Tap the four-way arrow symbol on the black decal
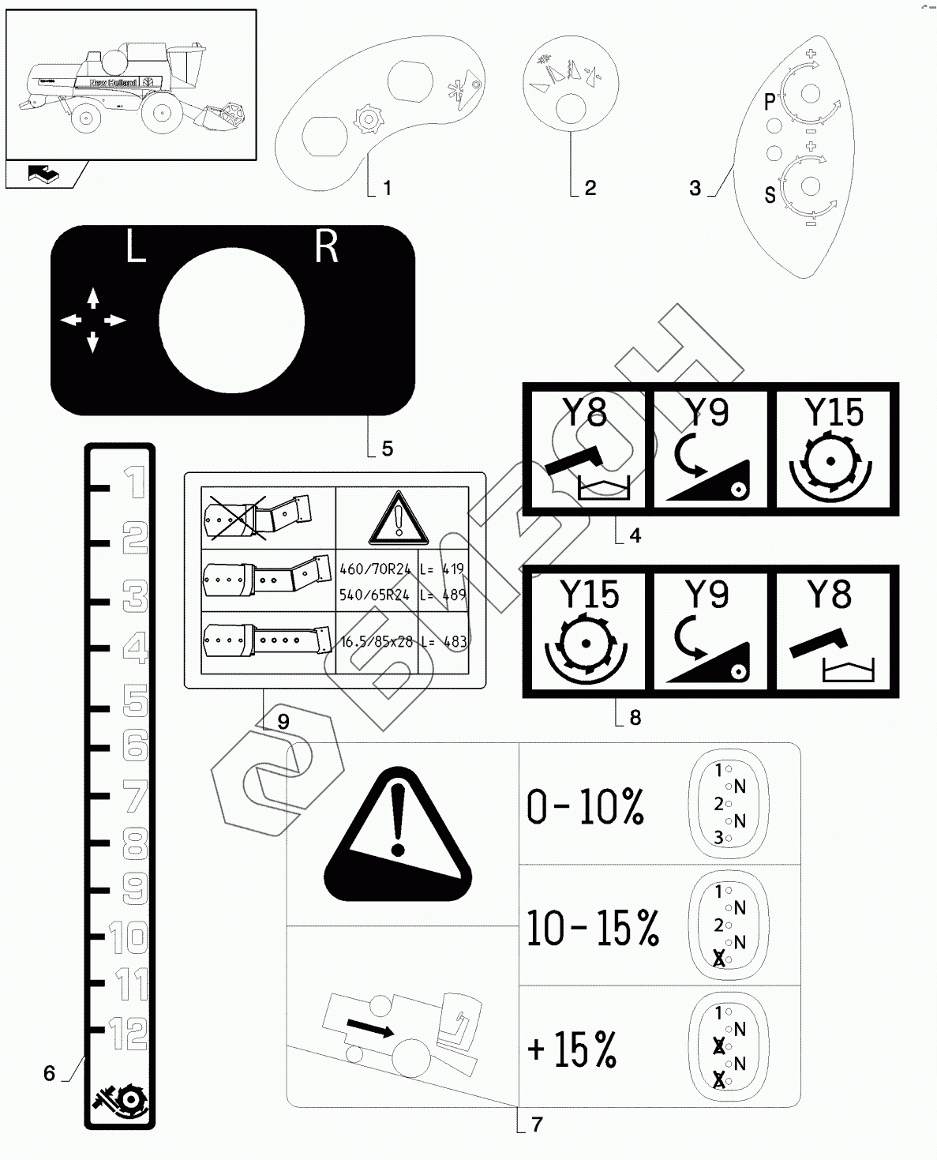[x=93, y=320]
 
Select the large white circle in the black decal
[x=231, y=320]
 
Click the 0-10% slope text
[x=585, y=806]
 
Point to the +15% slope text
[x=572, y=1049]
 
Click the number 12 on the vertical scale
[x=127, y=1031]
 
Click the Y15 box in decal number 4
[x=835, y=448]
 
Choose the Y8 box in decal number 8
[x=835, y=630]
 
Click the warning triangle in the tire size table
[x=399, y=517]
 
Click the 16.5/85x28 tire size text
[x=376, y=642]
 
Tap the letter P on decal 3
[x=770, y=101]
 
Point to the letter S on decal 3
[x=770, y=194]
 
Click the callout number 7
[x=538, y=1124]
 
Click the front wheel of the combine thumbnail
[x=162, y=114]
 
